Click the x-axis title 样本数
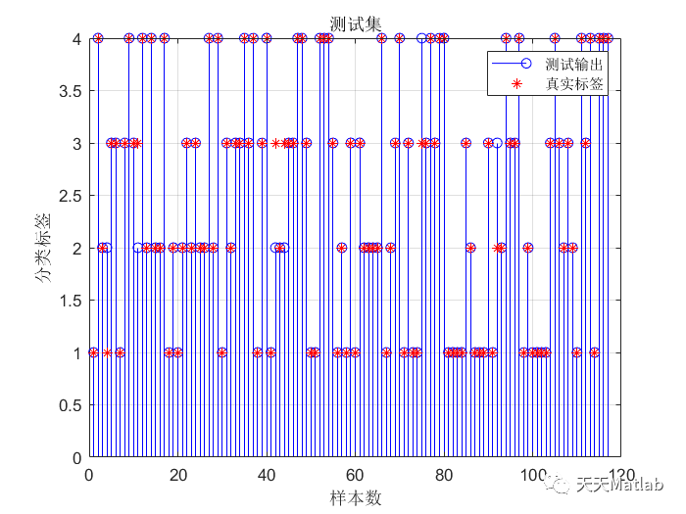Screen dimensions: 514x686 point(354,497)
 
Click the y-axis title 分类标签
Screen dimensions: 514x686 point(43,249)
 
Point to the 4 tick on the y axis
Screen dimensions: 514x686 point(74,39)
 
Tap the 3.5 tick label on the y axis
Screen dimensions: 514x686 point(68,91)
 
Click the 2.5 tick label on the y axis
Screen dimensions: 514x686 point(68,196)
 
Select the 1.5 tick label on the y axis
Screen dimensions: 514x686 point(68,301)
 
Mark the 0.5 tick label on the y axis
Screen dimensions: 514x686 point(68,405)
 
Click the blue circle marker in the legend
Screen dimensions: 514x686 point(525,64)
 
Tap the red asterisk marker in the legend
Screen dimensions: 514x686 point(525,84)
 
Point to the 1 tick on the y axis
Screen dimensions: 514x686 point(74,352)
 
